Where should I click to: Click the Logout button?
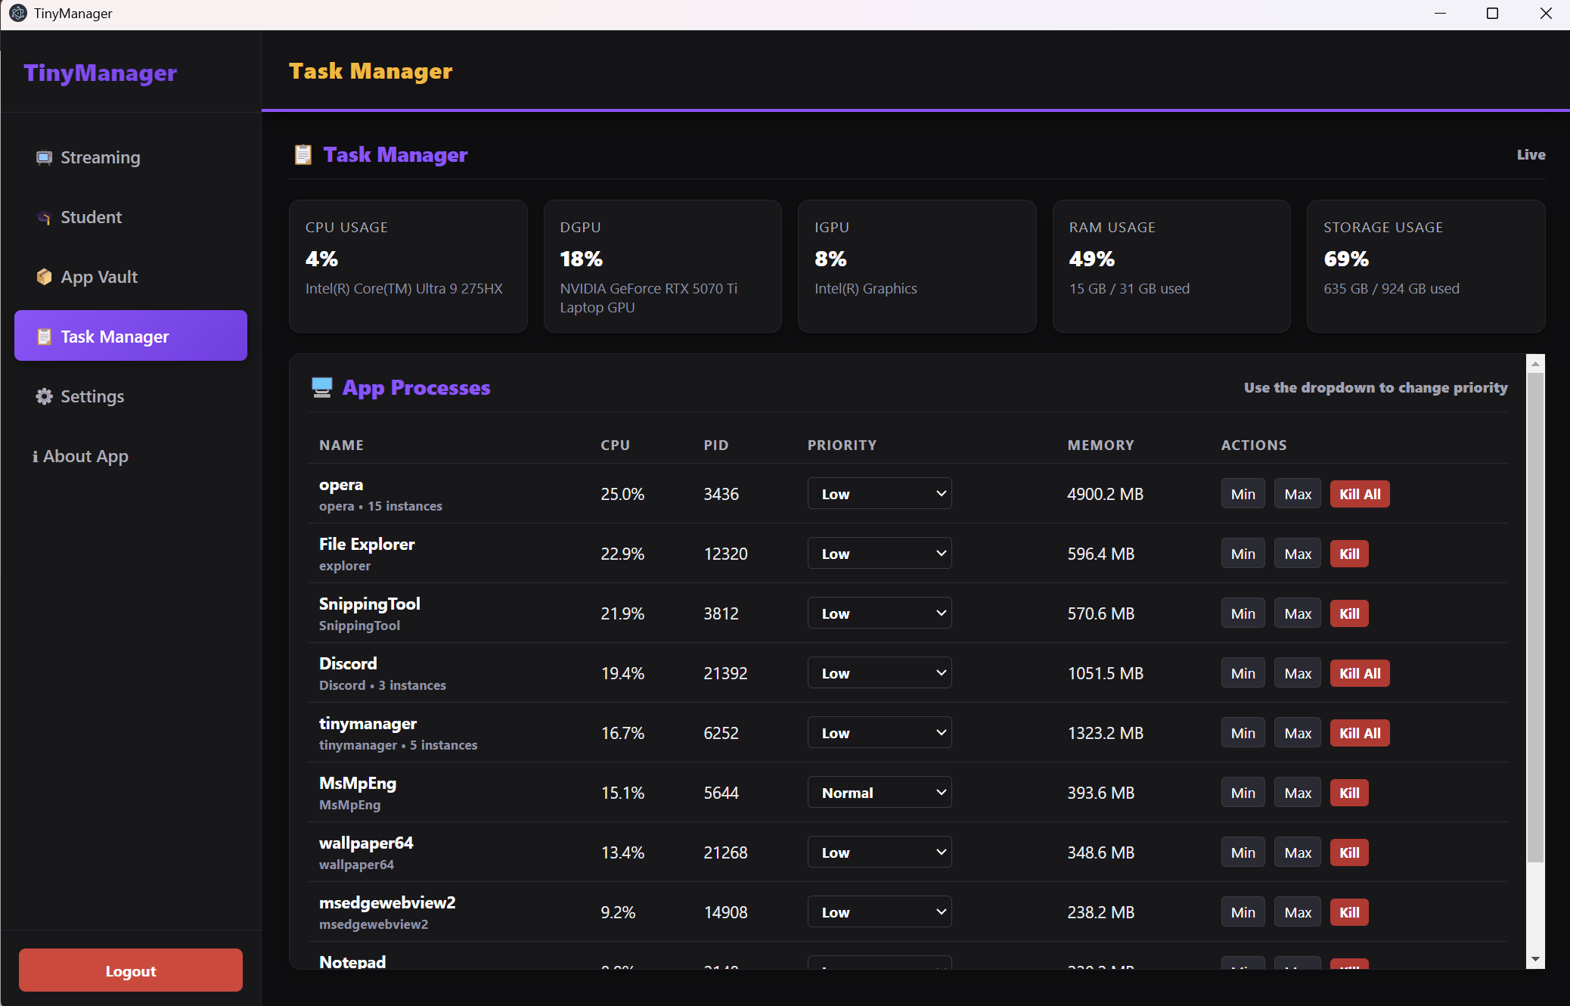(131, 970)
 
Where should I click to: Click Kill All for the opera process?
(1360, 494)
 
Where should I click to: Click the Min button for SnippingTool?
(1243, 613)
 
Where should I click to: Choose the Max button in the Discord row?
(1298, 673)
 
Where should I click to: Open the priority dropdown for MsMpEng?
(880, 793)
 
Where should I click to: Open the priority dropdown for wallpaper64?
(880, 852)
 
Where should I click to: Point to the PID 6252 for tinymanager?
(721, 733)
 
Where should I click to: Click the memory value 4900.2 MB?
(1105, 494)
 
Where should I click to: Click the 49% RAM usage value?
(1091, 259)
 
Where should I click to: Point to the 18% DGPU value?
(581, 259)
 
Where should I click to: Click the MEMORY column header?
(1100, 446)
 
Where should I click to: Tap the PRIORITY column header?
(842, 446)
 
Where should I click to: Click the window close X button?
(1546, 14)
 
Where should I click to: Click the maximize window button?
(1492, 14)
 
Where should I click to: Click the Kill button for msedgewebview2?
(1349, 912)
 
